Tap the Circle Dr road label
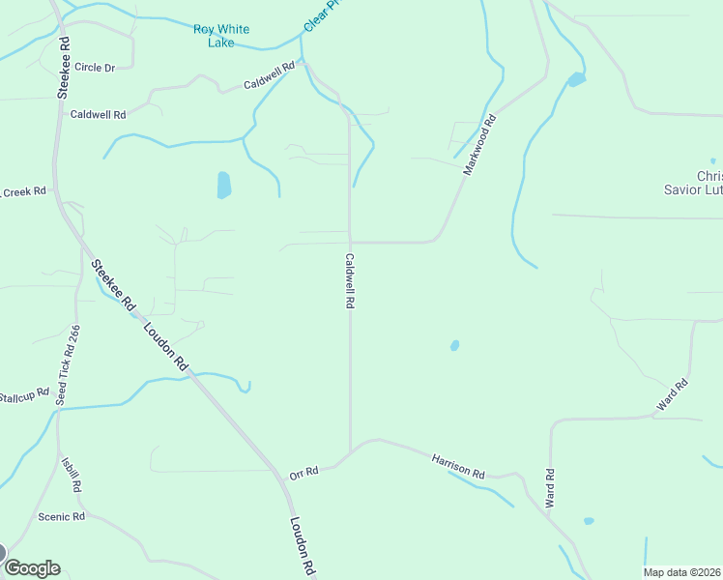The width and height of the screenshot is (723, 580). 94,68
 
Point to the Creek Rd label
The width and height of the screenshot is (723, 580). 23,192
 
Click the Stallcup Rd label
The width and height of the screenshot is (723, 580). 23,396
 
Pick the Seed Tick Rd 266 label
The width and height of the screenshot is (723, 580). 68,364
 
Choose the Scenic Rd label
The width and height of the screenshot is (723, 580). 62,517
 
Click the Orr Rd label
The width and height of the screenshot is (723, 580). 304,473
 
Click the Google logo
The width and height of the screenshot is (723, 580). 32,567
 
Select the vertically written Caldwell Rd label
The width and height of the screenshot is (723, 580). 350,281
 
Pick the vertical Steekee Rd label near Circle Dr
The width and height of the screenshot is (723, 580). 64,67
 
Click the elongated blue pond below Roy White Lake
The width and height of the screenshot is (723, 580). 224,185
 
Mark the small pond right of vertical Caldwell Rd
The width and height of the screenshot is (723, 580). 454,345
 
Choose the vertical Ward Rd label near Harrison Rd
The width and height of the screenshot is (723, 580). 550,488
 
